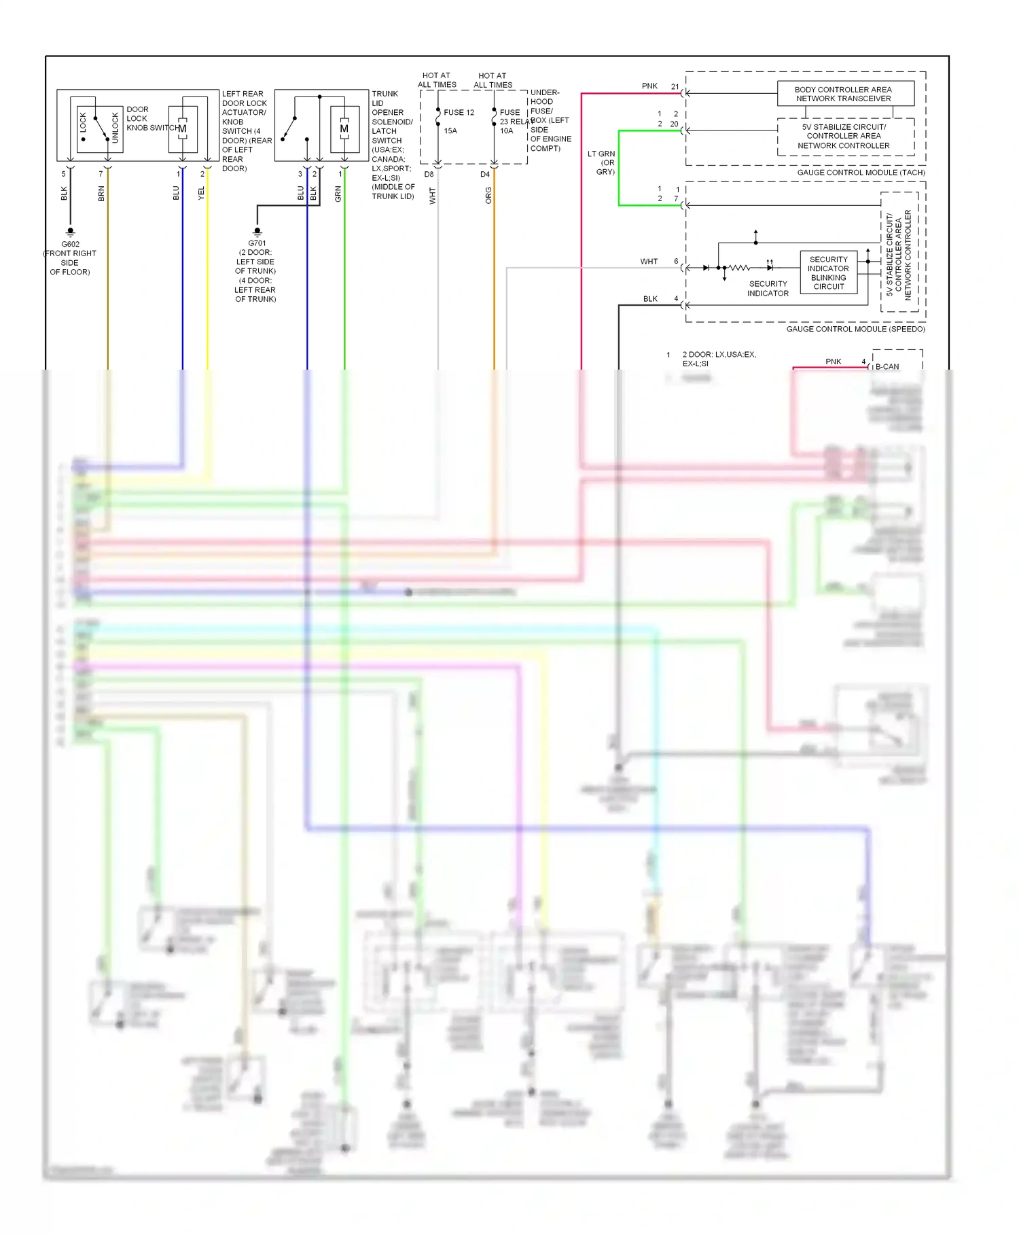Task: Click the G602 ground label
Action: pyautogui.click(x=70, y=244)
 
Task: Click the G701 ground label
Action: pyautogui.click(x=257, y=243)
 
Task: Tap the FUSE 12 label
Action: pyautogui.click(x=459, y=112)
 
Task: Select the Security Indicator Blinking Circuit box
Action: pyautogui.click(x=828, y=272)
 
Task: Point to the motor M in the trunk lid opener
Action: pyautogui.click(x=344, y=128)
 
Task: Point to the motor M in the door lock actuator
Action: pyautogui.click(x=182, y=128)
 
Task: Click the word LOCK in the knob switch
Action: pyautogui.click(x=84, y=123)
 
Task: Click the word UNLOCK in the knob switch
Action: pyautogui.click(x=115, y=128)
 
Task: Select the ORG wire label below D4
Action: pyautogui.click(x=488, y=195)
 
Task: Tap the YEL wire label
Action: pyautogui.click(x=201, y=193)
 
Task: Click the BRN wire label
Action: pyautogui.click(x=102, y=194)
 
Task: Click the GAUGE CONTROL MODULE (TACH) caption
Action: pyautogui.click(x=861, y=173)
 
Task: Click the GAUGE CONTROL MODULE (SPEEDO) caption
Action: pyautogui.click(x=855, y=329)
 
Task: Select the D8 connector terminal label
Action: pyautogui.click(x=429, y=175)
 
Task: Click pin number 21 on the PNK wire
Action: pyautogui.click(x=675, y=86)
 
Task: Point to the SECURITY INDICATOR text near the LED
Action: pyautogui.click(x=768, y=289)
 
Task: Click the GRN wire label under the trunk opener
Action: pyautogui.click(x=338, y=194)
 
